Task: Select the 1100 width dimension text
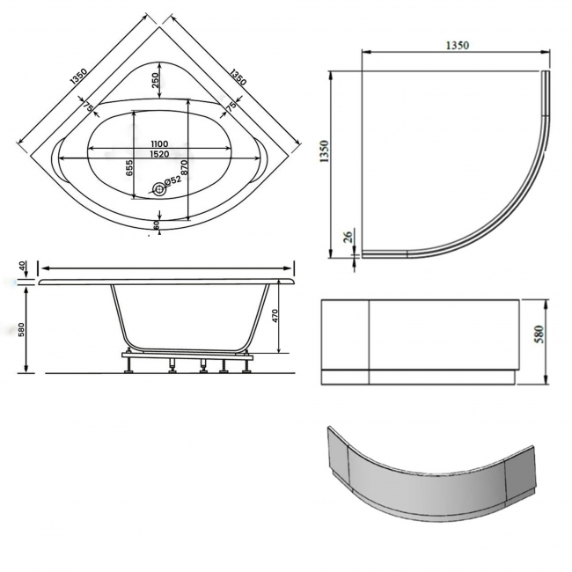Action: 158,143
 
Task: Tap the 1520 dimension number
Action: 158,154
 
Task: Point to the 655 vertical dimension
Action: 129,167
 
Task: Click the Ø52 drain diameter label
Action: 173,180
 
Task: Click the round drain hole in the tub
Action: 159,187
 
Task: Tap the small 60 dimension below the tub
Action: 156,225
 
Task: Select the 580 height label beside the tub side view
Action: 21,330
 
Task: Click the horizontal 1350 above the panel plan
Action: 455,45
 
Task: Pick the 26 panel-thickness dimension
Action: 348,237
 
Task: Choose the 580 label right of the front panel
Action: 539,334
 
